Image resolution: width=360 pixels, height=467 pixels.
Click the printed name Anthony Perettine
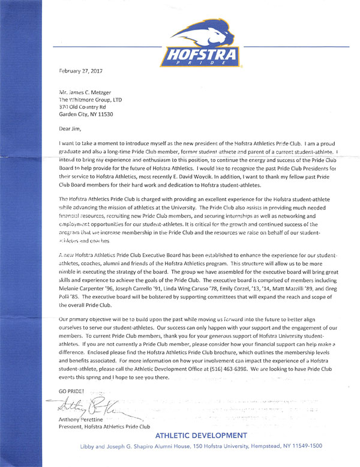click(82, 420)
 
